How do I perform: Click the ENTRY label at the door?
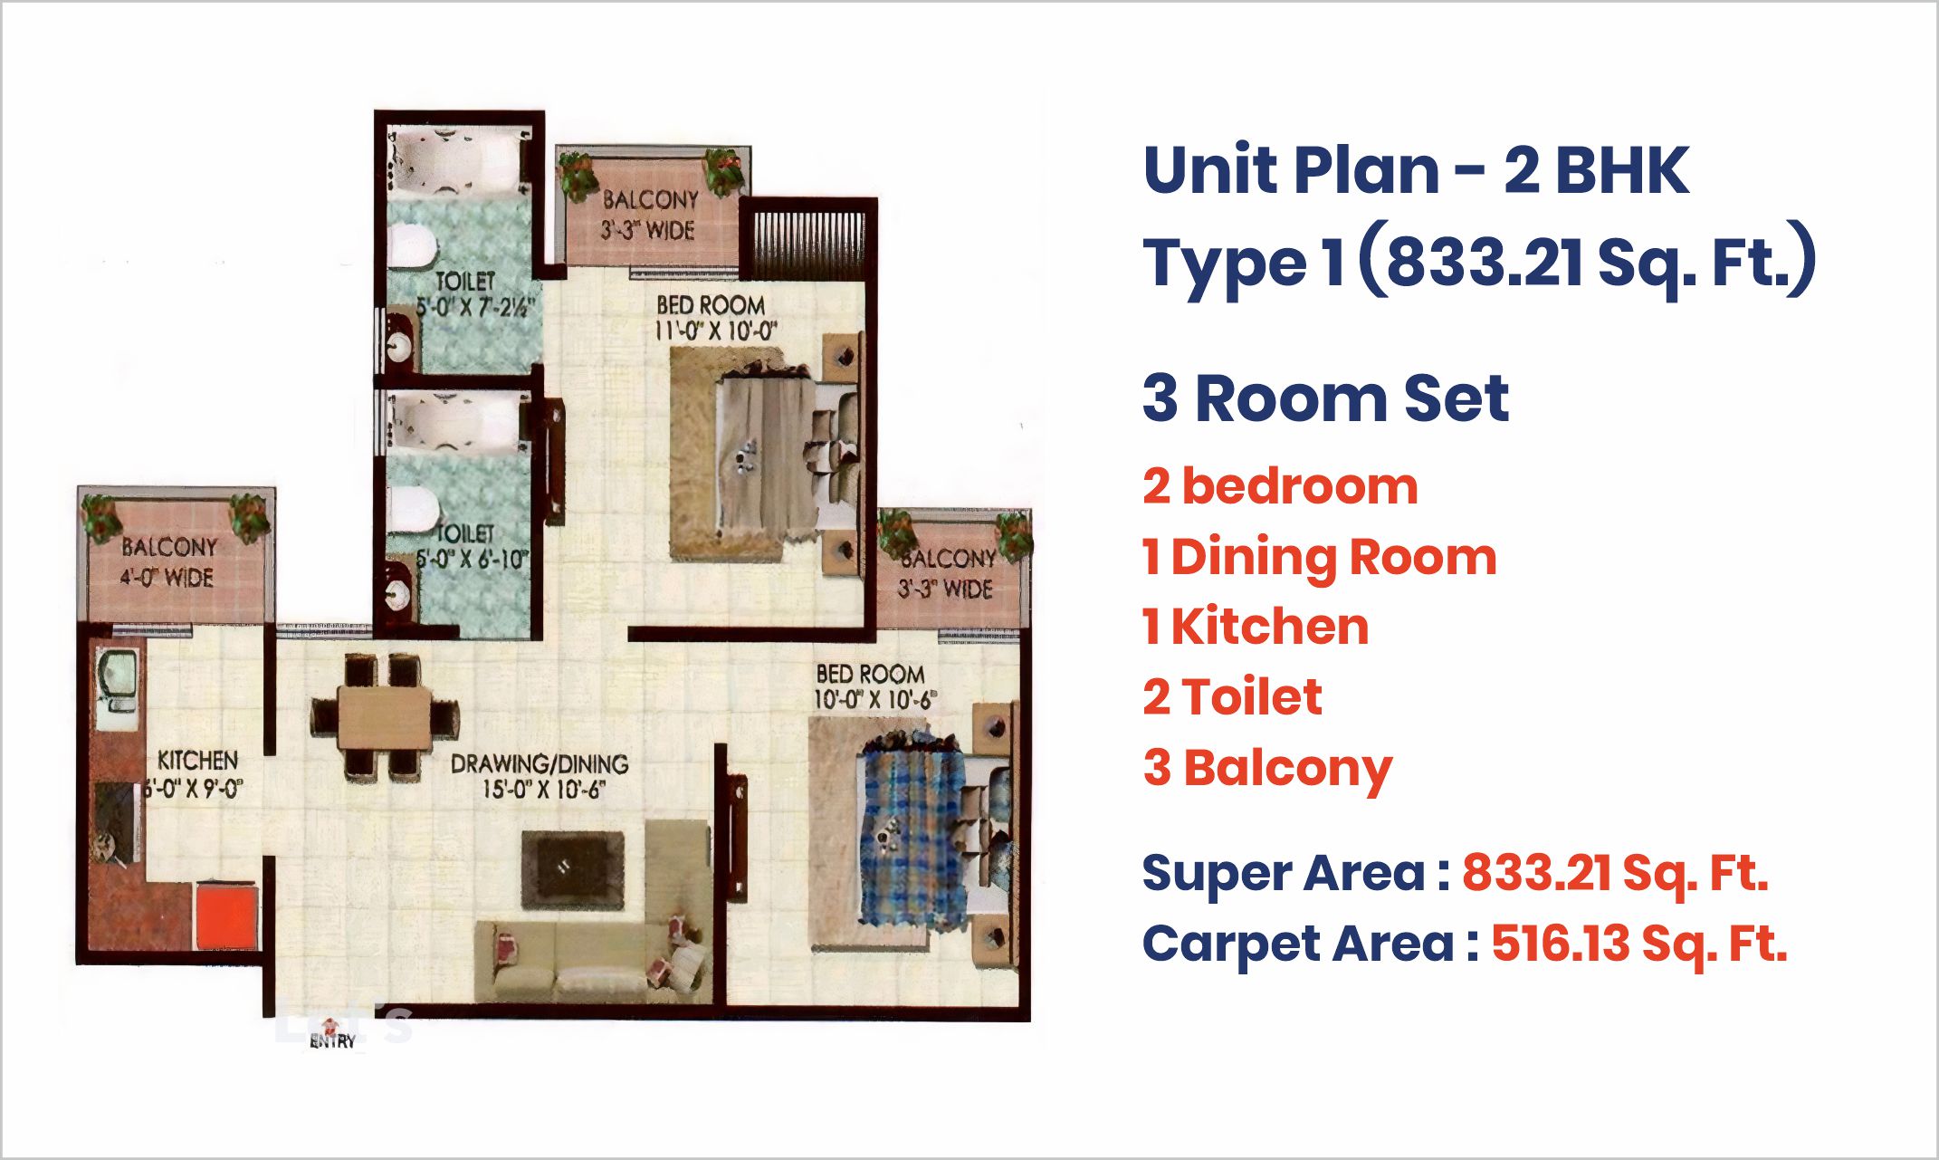[x=332, y=1041]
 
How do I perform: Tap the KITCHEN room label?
[x=197, y=760]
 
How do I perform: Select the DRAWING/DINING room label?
[x=540, y=763]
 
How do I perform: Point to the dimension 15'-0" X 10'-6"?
[x=542, y=790]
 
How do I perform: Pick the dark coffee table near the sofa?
[x=573, y=870]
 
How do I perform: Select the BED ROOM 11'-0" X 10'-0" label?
[x=712, y=318]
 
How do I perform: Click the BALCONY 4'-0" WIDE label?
[x=168, y=561]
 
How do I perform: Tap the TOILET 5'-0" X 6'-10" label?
[x=469, y=546]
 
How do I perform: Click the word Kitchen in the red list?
[x=1270, y=627]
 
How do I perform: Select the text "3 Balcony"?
[x=1267, y=770]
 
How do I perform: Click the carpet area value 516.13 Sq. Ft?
[x=1639, y=944]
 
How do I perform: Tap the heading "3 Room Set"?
[x=1325, y=398]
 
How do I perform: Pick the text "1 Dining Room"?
[x=1320, y=558]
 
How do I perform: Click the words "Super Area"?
[x=1284, y=874]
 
